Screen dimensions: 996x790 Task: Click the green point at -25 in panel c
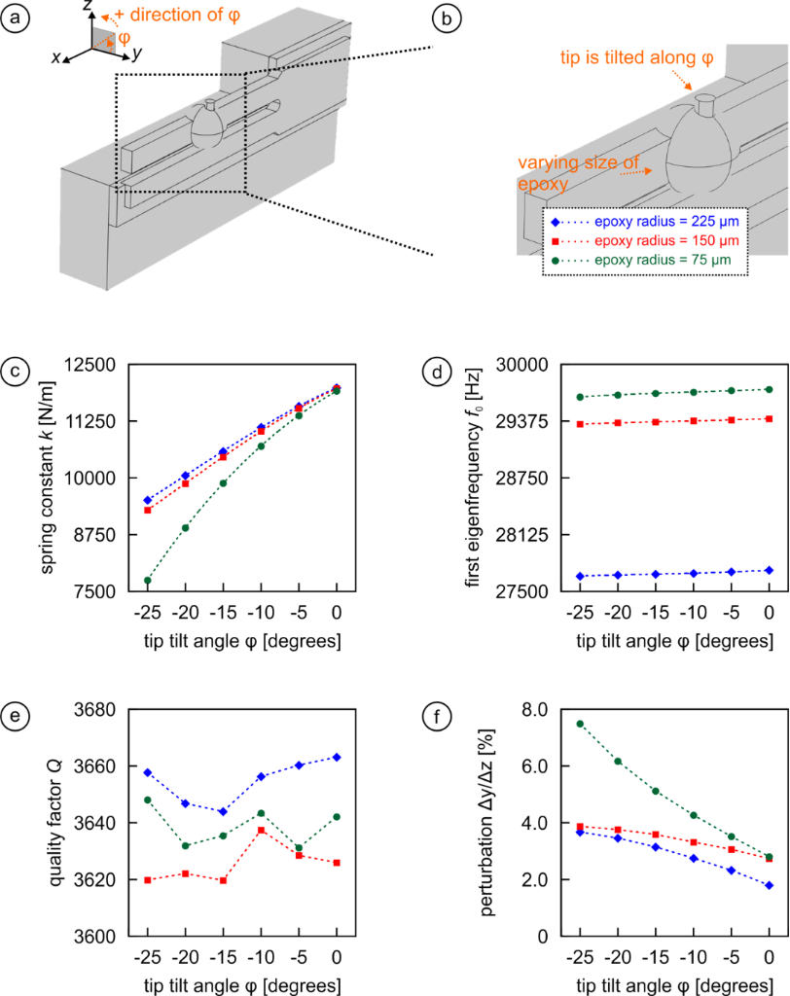point(147,581)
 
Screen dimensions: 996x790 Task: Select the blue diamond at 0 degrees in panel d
point(769,570)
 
